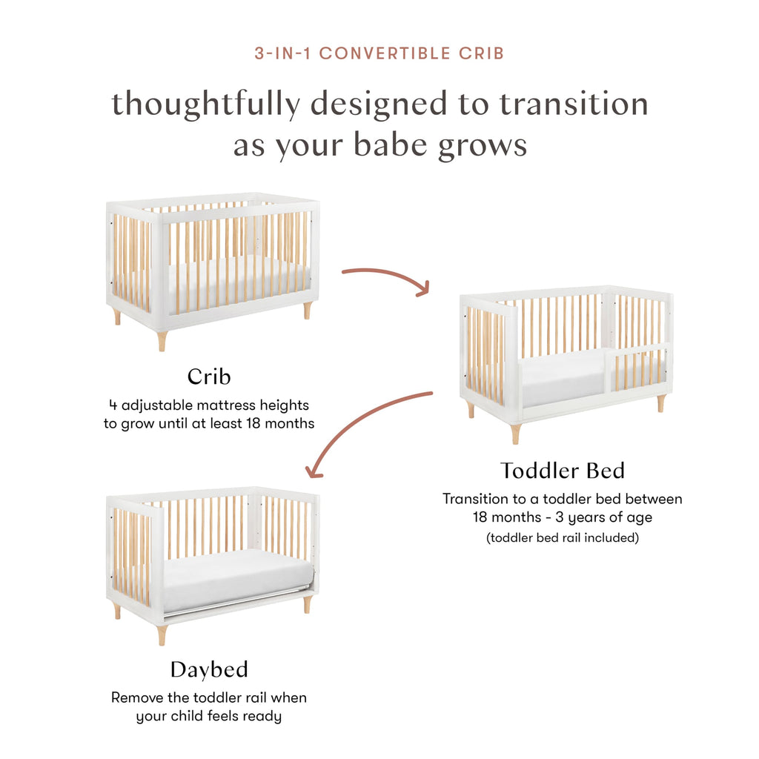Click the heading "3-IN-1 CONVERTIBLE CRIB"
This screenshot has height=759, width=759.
click(379, 54)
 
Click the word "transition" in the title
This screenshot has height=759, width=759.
click(573, 103)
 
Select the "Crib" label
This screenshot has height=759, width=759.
click(209, 377)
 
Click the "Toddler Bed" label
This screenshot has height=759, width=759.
click(562, 470)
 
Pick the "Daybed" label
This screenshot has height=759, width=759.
click(209, 669)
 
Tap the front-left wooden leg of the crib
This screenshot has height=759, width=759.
click(162, 340)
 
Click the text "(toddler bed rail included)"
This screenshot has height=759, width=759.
click(562, 538)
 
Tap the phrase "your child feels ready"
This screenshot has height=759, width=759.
click(209, 717)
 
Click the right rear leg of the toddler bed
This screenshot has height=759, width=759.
click(661, 403)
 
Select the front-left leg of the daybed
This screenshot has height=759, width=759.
click(162, 634)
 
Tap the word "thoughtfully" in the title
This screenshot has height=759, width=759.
click(205, 104)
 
